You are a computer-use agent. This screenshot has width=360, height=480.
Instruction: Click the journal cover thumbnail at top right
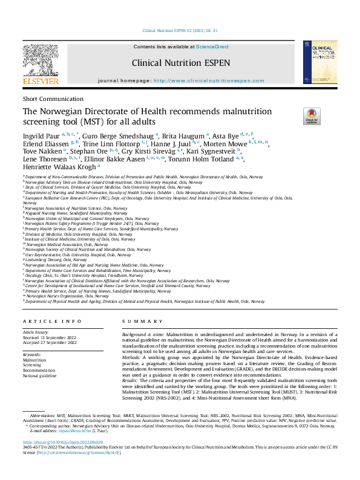319,62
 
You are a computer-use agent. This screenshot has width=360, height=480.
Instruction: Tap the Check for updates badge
312,116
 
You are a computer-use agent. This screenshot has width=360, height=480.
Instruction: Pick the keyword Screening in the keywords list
32,365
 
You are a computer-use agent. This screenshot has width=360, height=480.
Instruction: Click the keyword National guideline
40,376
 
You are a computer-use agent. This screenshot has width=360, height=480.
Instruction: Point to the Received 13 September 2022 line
50,337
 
